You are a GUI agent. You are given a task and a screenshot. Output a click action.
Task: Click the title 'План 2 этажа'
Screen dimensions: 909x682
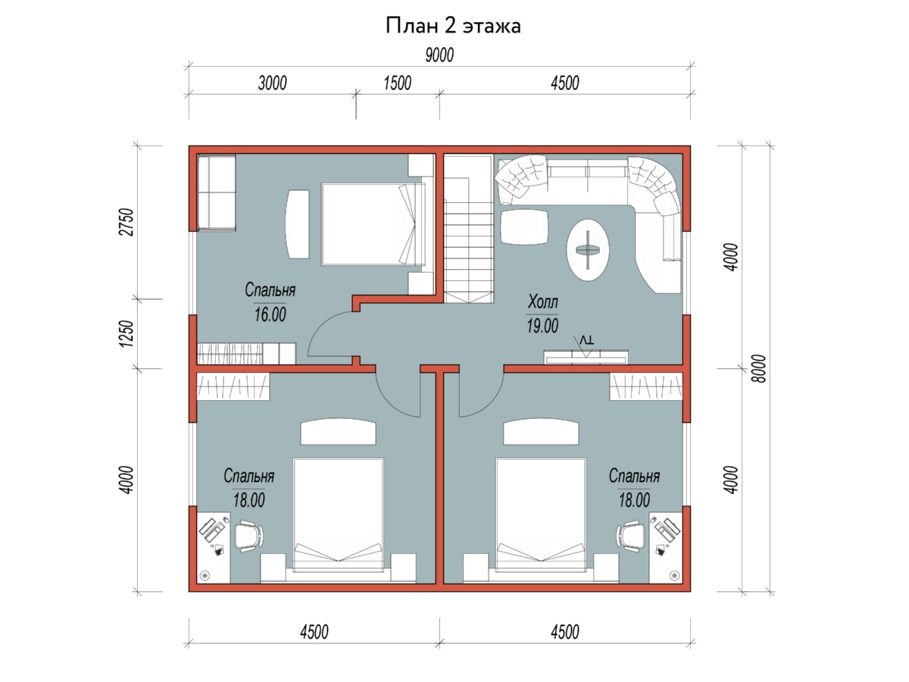tap(453, 26)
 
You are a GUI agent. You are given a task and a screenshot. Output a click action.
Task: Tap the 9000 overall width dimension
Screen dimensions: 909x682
tap(439, 55)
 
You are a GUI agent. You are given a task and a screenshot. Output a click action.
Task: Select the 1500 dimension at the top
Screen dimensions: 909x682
tap(397, 83)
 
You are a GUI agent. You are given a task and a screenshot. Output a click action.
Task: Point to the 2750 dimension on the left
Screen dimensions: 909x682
tap(127, 222)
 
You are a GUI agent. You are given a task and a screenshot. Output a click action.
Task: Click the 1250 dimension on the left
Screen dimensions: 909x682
tap(127, 333)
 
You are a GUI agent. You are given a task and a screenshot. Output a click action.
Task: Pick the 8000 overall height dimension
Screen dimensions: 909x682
tap(759, 368)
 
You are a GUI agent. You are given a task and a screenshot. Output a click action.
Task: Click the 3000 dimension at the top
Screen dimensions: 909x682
tap(272, 83)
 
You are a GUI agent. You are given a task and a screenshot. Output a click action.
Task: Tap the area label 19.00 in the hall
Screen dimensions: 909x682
tap(542, 326)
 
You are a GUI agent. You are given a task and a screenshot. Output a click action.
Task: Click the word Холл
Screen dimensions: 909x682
tap(542, 302)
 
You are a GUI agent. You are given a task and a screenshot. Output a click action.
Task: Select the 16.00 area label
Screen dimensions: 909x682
tap(270, 314)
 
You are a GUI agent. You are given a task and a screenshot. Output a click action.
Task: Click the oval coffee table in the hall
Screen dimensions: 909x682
tap(588, 250)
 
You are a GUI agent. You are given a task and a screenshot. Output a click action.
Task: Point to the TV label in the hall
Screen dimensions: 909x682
tap(586, 340)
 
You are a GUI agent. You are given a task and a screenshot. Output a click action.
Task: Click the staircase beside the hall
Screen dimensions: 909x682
tap(469, 229)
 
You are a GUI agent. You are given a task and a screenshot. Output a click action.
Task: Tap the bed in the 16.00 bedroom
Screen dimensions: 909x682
tap(373, 224)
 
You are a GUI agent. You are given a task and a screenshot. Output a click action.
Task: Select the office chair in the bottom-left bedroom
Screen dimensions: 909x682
tap(249, 536)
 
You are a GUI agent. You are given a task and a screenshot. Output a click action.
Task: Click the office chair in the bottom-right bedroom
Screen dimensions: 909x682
tap(631, 536)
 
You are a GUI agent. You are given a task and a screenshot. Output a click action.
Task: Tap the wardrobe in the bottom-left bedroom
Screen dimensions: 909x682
tap(233, 386)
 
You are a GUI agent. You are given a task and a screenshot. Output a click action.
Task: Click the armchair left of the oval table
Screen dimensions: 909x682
tap(524, 227)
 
